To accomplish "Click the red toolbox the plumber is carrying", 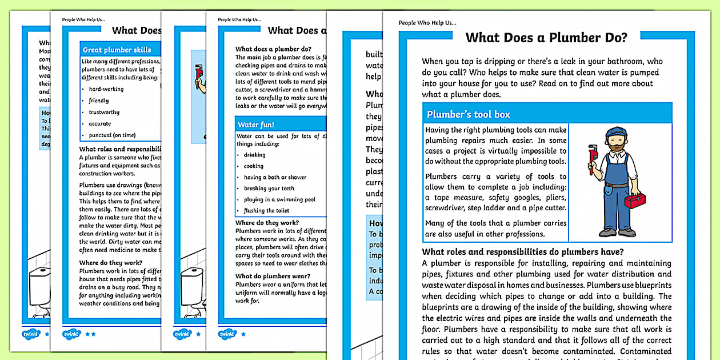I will pyautogui.click(x=634, y=201).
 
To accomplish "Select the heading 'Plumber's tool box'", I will pyautogui.click(x=468, y=114).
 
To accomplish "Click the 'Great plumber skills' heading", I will pyautogui.click(x=117, y=50).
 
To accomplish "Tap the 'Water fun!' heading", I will pyautogui.click(x=256, y=124).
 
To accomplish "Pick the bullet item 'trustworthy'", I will pyautogui.click(x=104, y=112).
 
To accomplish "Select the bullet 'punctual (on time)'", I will pyautogui.click(x=112, y=135).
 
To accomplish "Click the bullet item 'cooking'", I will pyautogui.click(x=254, y=166).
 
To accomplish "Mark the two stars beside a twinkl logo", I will pyautogui.click(x=90, y=333).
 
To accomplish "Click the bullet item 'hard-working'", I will pyautogui.click(x=106, y=89).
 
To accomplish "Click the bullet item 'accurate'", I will pyautogui.click(x=99, y=123).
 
